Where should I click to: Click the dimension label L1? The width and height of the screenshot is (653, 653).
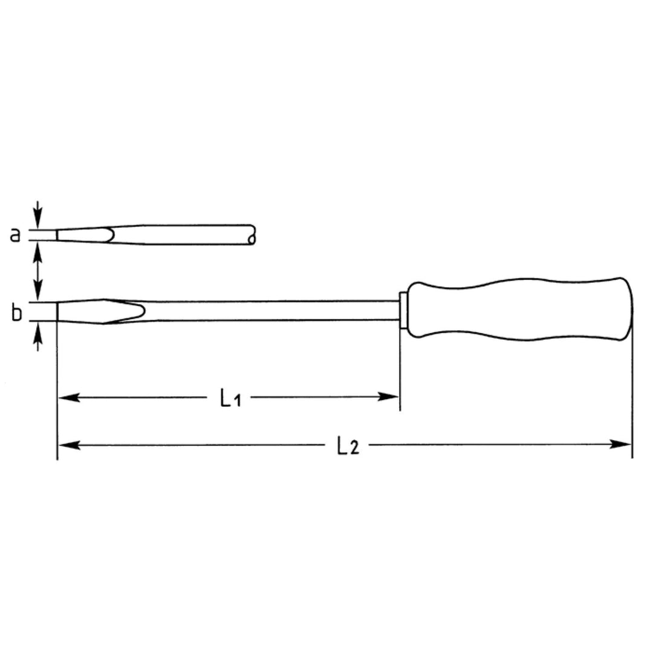tap(230, 398)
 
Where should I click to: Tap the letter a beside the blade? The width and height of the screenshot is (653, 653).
tap(16, 234)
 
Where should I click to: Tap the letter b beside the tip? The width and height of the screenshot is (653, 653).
tap(17, 313)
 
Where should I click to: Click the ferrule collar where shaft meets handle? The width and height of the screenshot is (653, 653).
tap(403, 310)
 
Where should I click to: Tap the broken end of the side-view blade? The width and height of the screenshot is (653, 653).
tap(252, 235)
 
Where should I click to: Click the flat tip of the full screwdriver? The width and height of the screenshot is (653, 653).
tap(58, 311)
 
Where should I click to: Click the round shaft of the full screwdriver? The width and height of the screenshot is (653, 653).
tap(272, 310)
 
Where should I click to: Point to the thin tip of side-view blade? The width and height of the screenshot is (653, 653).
tap(59, 235)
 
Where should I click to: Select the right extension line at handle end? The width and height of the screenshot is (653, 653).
tap(632, 393)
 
